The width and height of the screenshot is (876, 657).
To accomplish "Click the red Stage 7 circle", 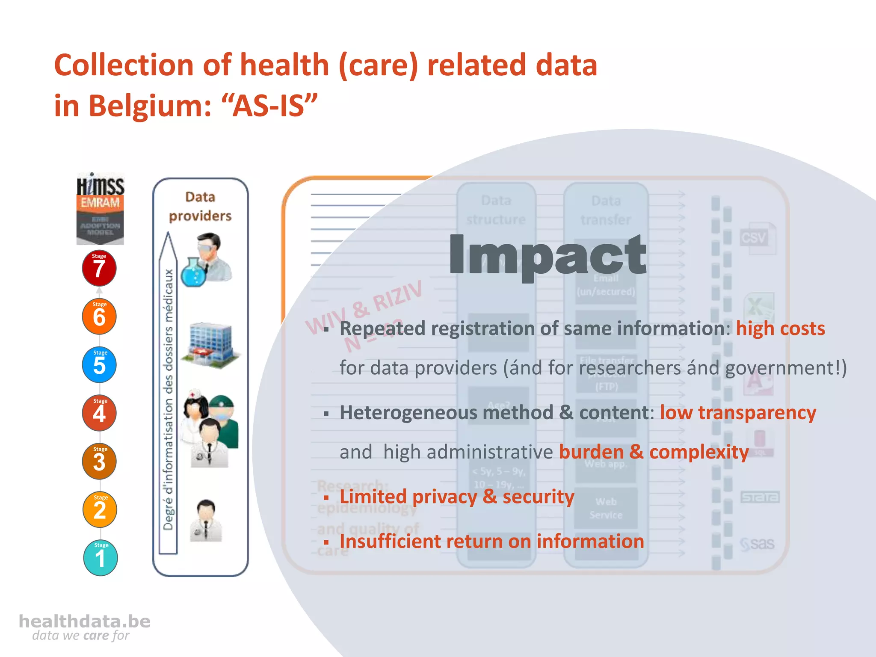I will point(99,268).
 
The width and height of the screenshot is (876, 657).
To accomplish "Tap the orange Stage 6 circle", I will point(99,317).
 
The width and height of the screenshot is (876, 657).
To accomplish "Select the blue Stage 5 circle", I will point(99,365).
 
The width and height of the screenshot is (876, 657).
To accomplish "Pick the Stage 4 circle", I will point(99,413).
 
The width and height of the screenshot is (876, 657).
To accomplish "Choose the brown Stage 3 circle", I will point(99,461).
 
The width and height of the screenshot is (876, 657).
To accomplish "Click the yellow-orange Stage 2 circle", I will point(100,509).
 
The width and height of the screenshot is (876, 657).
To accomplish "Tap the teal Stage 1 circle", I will point(100,558).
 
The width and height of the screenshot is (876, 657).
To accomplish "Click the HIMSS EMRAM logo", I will point(100,209).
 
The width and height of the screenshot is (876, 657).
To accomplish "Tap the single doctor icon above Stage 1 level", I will point(206,521).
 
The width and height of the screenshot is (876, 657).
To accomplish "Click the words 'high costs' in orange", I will point(780,328).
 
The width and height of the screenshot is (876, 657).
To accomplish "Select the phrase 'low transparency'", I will point(738,413).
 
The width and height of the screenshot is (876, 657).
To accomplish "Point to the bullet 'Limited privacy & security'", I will point(456,497).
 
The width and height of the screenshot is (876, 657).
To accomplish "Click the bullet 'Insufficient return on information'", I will point(491,541).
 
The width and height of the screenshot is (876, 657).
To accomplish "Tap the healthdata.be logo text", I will point(85,621).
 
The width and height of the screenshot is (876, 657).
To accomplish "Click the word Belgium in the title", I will point(150,106).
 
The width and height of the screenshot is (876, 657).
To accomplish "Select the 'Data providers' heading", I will point(200,207).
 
